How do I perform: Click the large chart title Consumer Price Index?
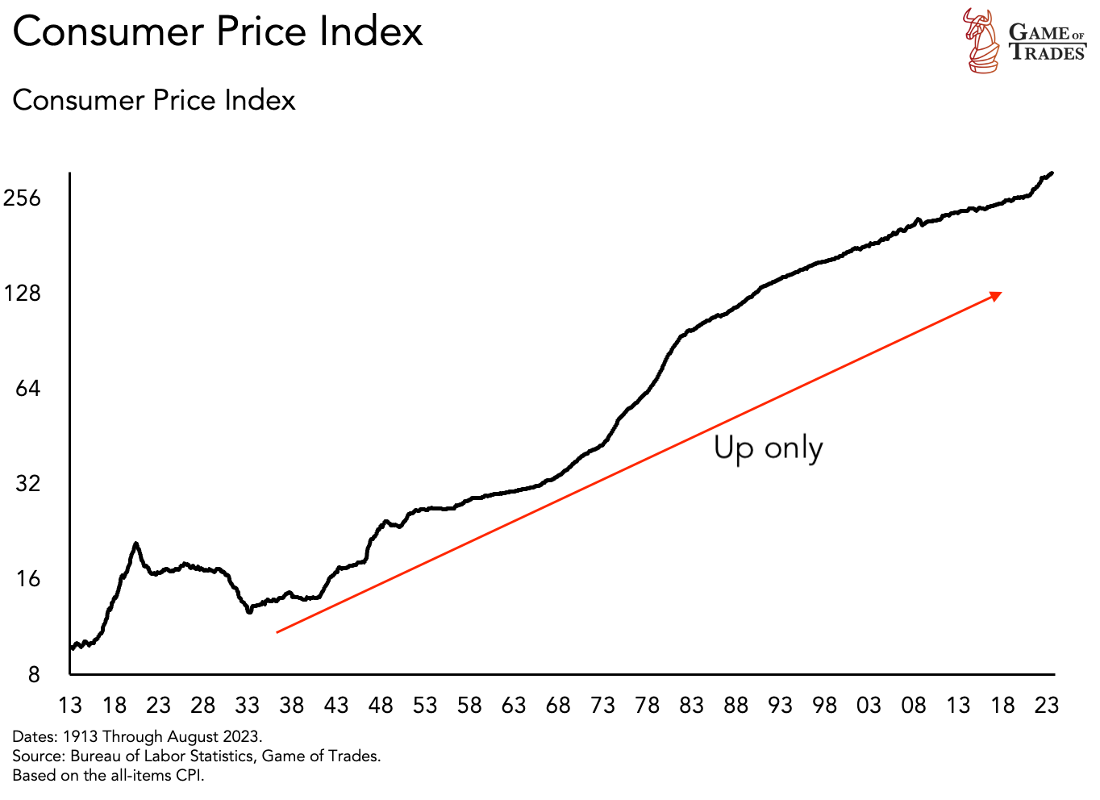(x=218, y=32)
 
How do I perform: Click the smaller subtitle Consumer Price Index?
(x=154, y=100)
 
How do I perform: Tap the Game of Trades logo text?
(x=1047, y=43)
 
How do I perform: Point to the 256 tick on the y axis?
(x=22, y=198)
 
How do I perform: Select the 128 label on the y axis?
(x=22, y=293)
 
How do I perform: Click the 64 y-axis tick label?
(x=27, y=388)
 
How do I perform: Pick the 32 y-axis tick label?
(x=27, y=483)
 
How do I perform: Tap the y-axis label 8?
(x=34, y=674)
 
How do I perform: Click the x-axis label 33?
(x=247, y=705)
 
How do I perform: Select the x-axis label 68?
(x=558, y=705)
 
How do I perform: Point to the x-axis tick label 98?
(x=824, y=705)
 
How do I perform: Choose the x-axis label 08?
(x=913, y=705)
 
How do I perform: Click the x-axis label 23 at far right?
(x=1046, y=705)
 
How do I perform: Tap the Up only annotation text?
(x=768, y=448)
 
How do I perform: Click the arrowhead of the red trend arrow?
(x=997, y=296)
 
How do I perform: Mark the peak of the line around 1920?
(x=135, y=544)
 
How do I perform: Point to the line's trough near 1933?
(x=249, y=611)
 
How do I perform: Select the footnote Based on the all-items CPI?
(x=108, y=775)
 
